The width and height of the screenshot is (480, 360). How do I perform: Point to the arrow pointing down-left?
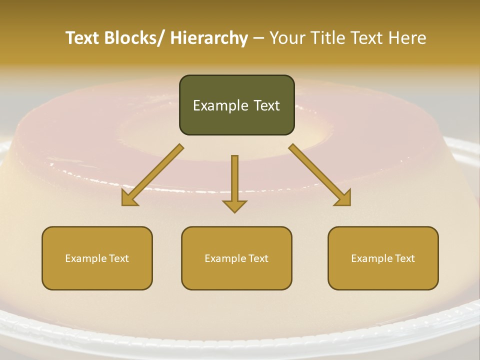coord(152,175)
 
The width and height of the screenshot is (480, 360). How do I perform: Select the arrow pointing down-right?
coord(320,175)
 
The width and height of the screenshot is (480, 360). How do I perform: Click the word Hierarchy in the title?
coord(209,38)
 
